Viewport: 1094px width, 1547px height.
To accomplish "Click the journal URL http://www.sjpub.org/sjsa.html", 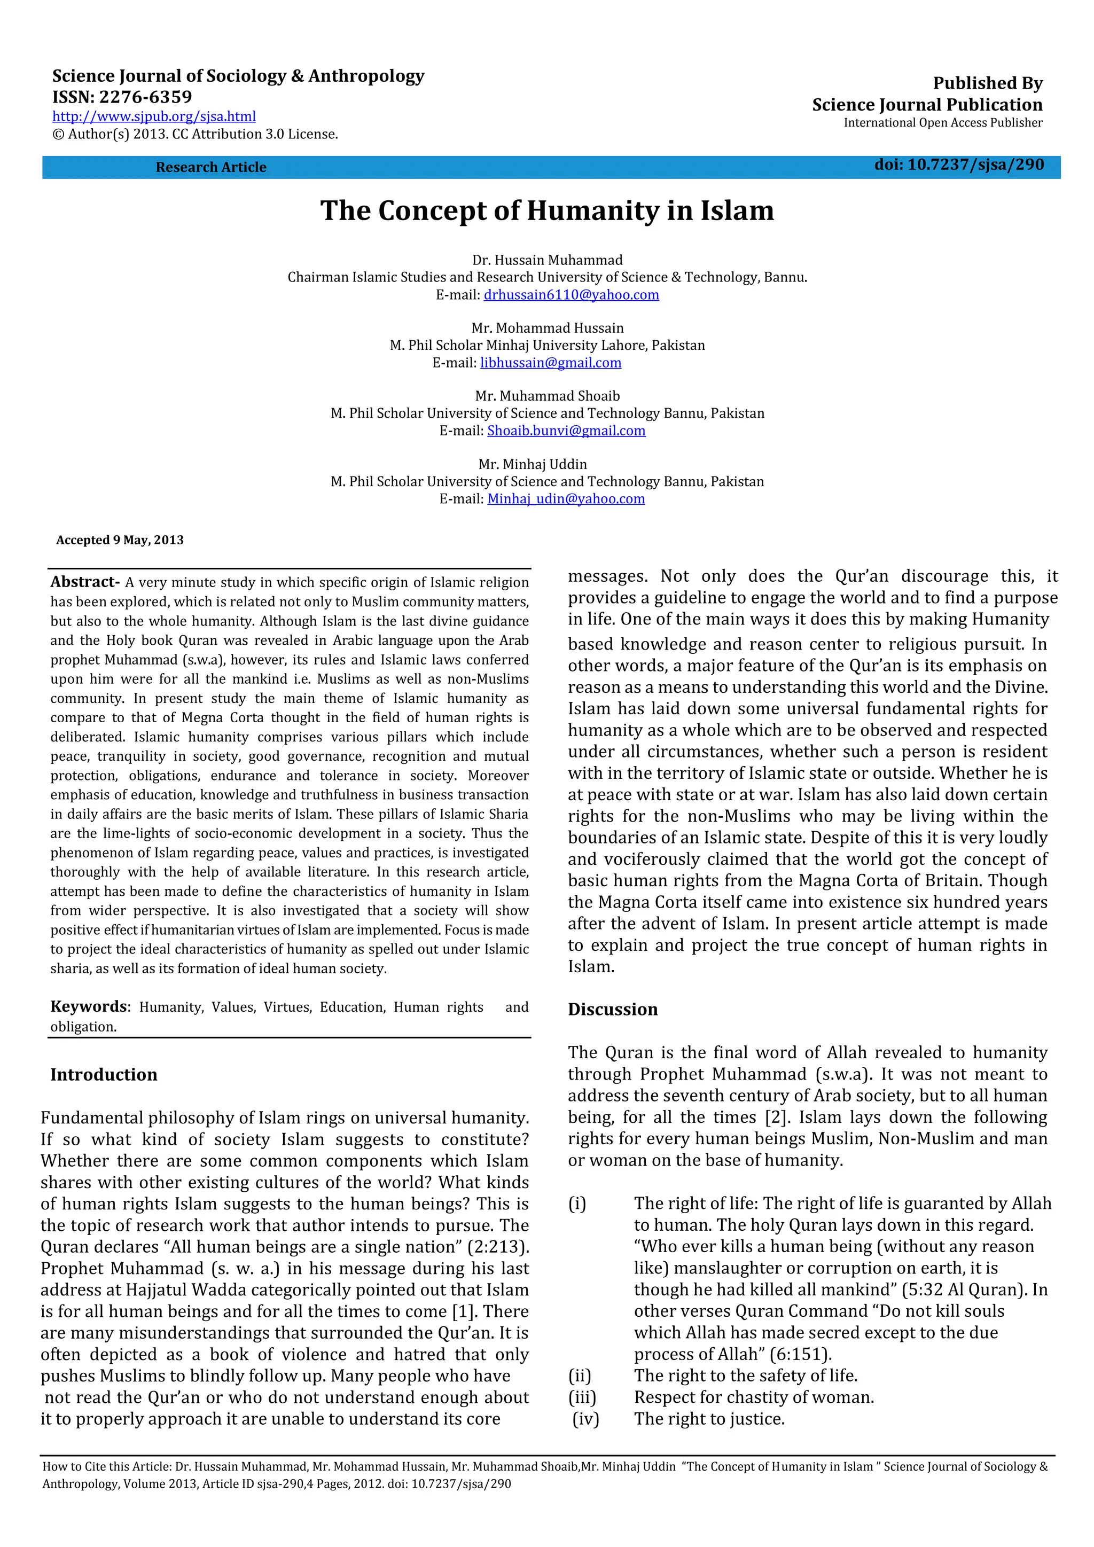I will (x=154, y=116).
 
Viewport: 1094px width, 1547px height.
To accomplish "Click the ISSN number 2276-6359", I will (x=145, y=97).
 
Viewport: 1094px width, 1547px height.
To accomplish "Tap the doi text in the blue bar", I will (x=959, y=165).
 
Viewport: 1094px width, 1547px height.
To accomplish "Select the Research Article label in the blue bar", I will (x=211, y=167).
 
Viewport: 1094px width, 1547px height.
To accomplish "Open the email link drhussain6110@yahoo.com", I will (x=571, y=295).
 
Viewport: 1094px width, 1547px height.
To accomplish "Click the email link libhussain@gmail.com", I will (x=550, y=363).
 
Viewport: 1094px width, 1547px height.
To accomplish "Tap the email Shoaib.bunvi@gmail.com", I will (x=566, y=431).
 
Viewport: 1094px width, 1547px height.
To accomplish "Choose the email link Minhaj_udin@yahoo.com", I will (x=566, y=499).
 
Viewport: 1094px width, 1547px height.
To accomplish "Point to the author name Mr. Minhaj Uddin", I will (x=532, y=464).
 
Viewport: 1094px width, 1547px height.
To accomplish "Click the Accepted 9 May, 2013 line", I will (x=120, y=540).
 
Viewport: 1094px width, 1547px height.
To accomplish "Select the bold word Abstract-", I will (x=85, y=582).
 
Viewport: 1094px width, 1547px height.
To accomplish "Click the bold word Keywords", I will (x=88, y=1006).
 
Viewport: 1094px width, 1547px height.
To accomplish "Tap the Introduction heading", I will (x=104, y=1075).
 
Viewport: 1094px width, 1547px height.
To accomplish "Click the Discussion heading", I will (x=612, y=1009).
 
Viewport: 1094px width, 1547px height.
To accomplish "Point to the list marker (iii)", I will (x=582, y=1397).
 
